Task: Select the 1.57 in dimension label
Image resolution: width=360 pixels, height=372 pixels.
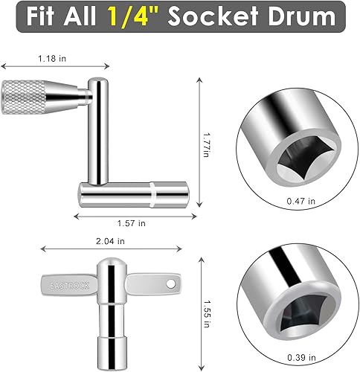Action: tap(131, 222)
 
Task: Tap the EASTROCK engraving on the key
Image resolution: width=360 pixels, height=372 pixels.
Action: tap(65, 285)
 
